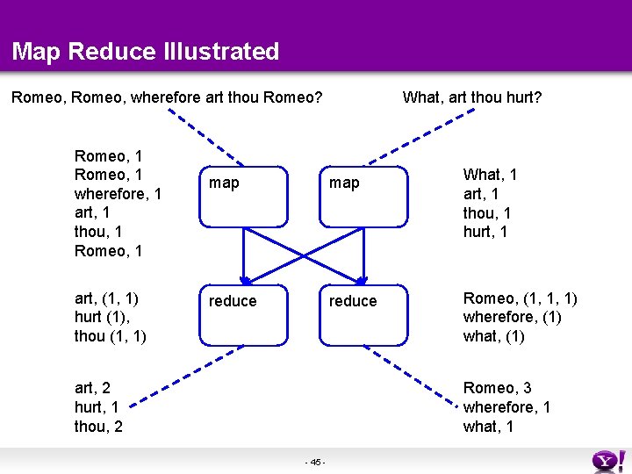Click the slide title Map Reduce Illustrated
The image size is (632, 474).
click(x=146, y=51)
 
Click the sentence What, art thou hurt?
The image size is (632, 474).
click(x=471, y=97)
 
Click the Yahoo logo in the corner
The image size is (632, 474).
click(x=607, y=460)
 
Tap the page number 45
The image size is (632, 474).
click(x=316, y=462)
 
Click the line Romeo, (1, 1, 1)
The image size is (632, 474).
click(x=520, y=298)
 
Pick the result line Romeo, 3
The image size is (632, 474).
click(x=497, y=388)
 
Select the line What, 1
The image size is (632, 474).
click(x=490, y=175)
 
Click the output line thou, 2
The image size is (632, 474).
click(x=98, y=427)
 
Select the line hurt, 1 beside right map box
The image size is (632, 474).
click(x=485, y=233)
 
